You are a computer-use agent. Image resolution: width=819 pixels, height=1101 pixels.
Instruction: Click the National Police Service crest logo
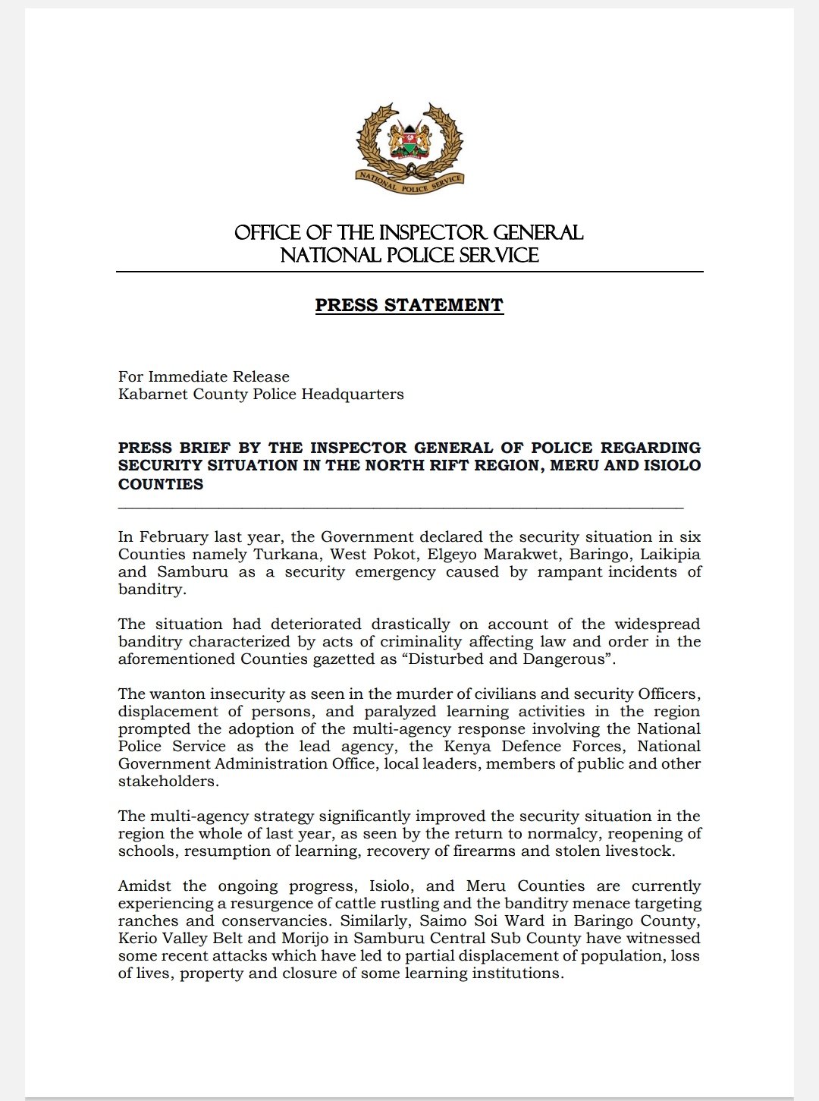tap(409, 147)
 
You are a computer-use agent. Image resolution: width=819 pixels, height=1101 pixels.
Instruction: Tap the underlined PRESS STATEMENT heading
tap(409, 305)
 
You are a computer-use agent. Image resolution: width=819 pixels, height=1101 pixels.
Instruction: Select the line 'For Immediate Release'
tap(204, 376)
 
